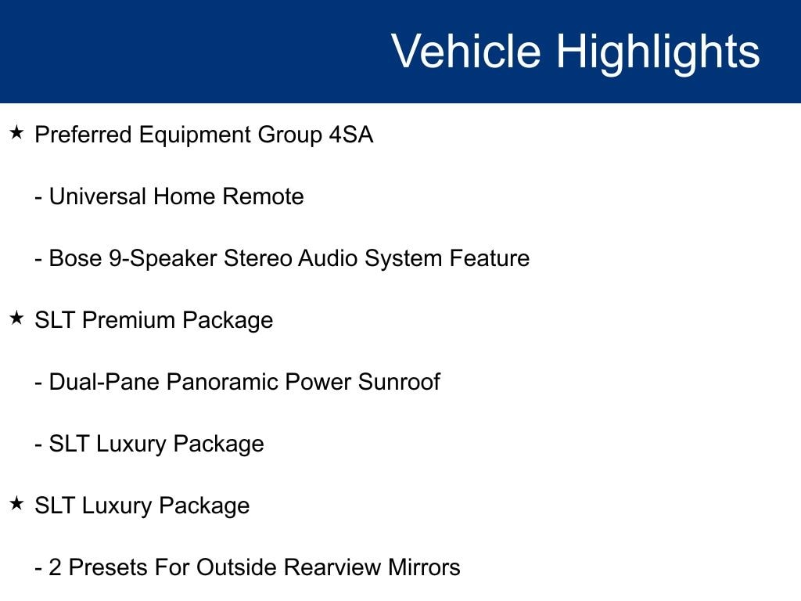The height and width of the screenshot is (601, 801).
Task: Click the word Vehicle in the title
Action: click(x=466, y=51)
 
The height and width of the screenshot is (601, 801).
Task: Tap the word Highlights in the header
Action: click(x=658, y=54)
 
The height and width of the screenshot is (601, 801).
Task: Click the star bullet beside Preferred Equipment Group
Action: click(x=16, y=133)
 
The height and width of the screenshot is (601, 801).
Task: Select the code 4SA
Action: click(x=351, y=135)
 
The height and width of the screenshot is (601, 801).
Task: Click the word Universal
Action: click(x=98, y=196)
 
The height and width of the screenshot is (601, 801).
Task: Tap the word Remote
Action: click(x=263, y=196)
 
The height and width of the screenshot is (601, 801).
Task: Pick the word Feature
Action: click(x=490, y=258)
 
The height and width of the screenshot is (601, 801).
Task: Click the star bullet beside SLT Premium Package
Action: click(x=16, y=318)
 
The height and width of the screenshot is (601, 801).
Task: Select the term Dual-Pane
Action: click(x=104, y=382)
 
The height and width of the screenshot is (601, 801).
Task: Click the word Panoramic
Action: click(x=222, y=382)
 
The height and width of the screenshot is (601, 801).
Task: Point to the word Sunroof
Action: click(x=399, y=382)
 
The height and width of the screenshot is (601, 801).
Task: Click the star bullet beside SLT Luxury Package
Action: click(x=16, y=503)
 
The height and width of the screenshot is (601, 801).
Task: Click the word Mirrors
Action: click(x=424, y=567)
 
